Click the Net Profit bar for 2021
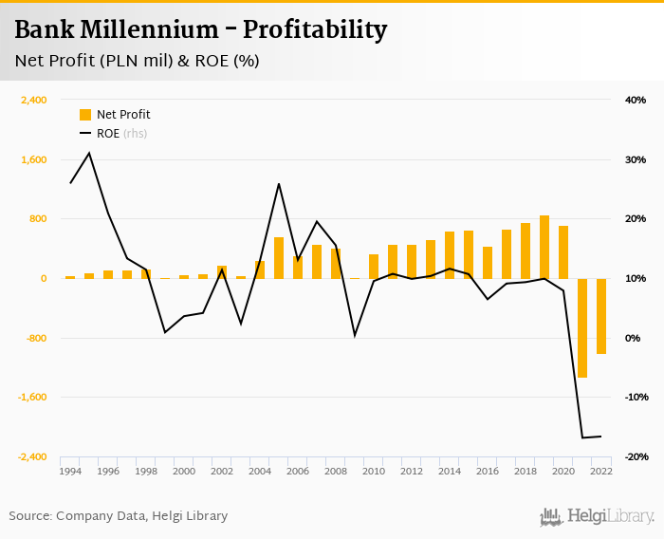click(582, 327)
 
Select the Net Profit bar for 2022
click(601, 316)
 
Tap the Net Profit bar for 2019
click(544, 247)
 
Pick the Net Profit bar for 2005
click(279, 258)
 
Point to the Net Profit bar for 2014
click(450, 255)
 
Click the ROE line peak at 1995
click(89, 153)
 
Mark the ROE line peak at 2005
click(279, 184)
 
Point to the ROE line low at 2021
click(582, 437)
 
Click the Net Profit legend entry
click(115, 115)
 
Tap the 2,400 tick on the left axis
click(34, 100)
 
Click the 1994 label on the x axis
click(70, 471)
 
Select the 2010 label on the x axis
click(374, 471)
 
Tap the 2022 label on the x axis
click(601, 471)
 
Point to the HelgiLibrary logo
click(598, 517)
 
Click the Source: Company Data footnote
click(119, 516)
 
